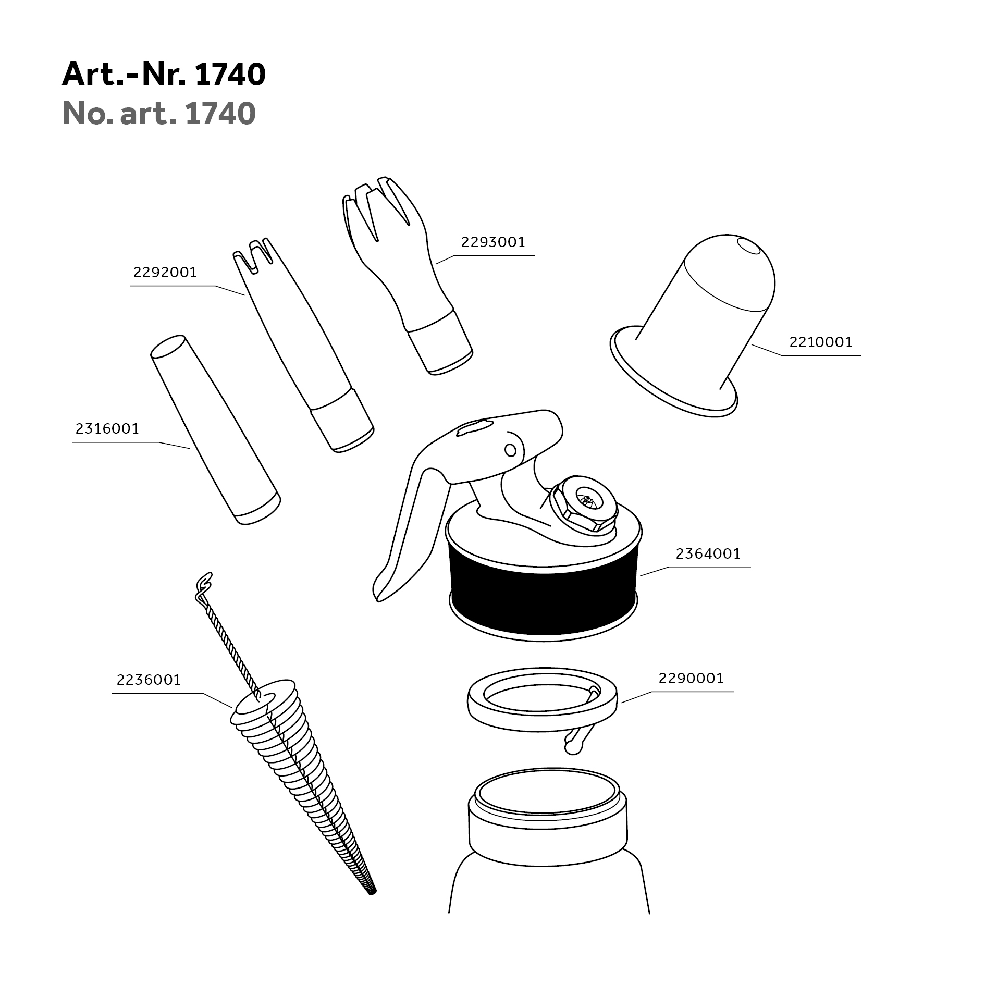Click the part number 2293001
tap(493, 242)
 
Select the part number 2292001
tap(165, 273)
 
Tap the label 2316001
tap(107, 429)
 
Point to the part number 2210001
tap(821, 342)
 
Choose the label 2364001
tap(708, 553)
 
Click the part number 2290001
tap(691, 679)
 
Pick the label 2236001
tap(149, 680)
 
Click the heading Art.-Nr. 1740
tap(164, 75)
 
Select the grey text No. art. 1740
tap(159, 113)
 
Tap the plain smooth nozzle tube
tap(215, 429)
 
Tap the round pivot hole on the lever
tap(510, 450)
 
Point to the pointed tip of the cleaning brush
tap(373, 892)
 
